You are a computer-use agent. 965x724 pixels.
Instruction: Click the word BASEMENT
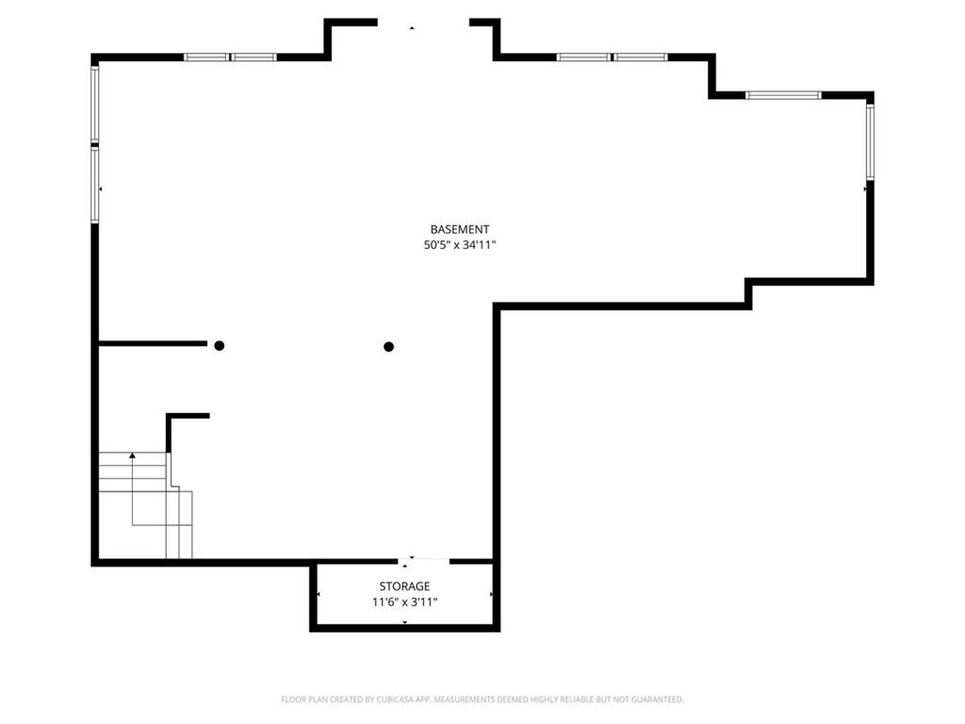coord(459,230)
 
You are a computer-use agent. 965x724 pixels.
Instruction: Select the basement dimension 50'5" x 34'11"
coord(460,245)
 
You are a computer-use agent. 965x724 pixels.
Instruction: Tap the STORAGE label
coord(404,586)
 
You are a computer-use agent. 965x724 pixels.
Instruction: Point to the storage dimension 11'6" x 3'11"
coord(404,602)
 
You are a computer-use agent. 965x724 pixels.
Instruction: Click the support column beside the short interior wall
coord(219,345)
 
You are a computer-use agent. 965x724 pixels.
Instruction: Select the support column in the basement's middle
coord(388,347)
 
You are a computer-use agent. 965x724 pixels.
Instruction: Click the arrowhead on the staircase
coord(132,455)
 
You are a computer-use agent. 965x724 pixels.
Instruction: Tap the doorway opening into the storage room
coord(423,561)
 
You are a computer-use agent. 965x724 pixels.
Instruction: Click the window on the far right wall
coord(870,141)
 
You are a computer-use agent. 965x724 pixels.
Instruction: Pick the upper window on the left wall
coord(95,103)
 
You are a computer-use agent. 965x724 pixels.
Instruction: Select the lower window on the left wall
coord(95,184)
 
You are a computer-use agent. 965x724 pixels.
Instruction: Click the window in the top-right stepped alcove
coord(783,95)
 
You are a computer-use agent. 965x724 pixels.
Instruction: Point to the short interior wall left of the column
coord(153,343)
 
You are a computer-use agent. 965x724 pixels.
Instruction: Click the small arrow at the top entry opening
coord(412,27)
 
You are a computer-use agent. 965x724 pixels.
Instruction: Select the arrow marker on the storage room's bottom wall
coord(404,622)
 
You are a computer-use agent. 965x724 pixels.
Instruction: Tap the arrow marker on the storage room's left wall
coord(319,594)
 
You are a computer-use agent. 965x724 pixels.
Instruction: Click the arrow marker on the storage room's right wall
coord(490,594)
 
